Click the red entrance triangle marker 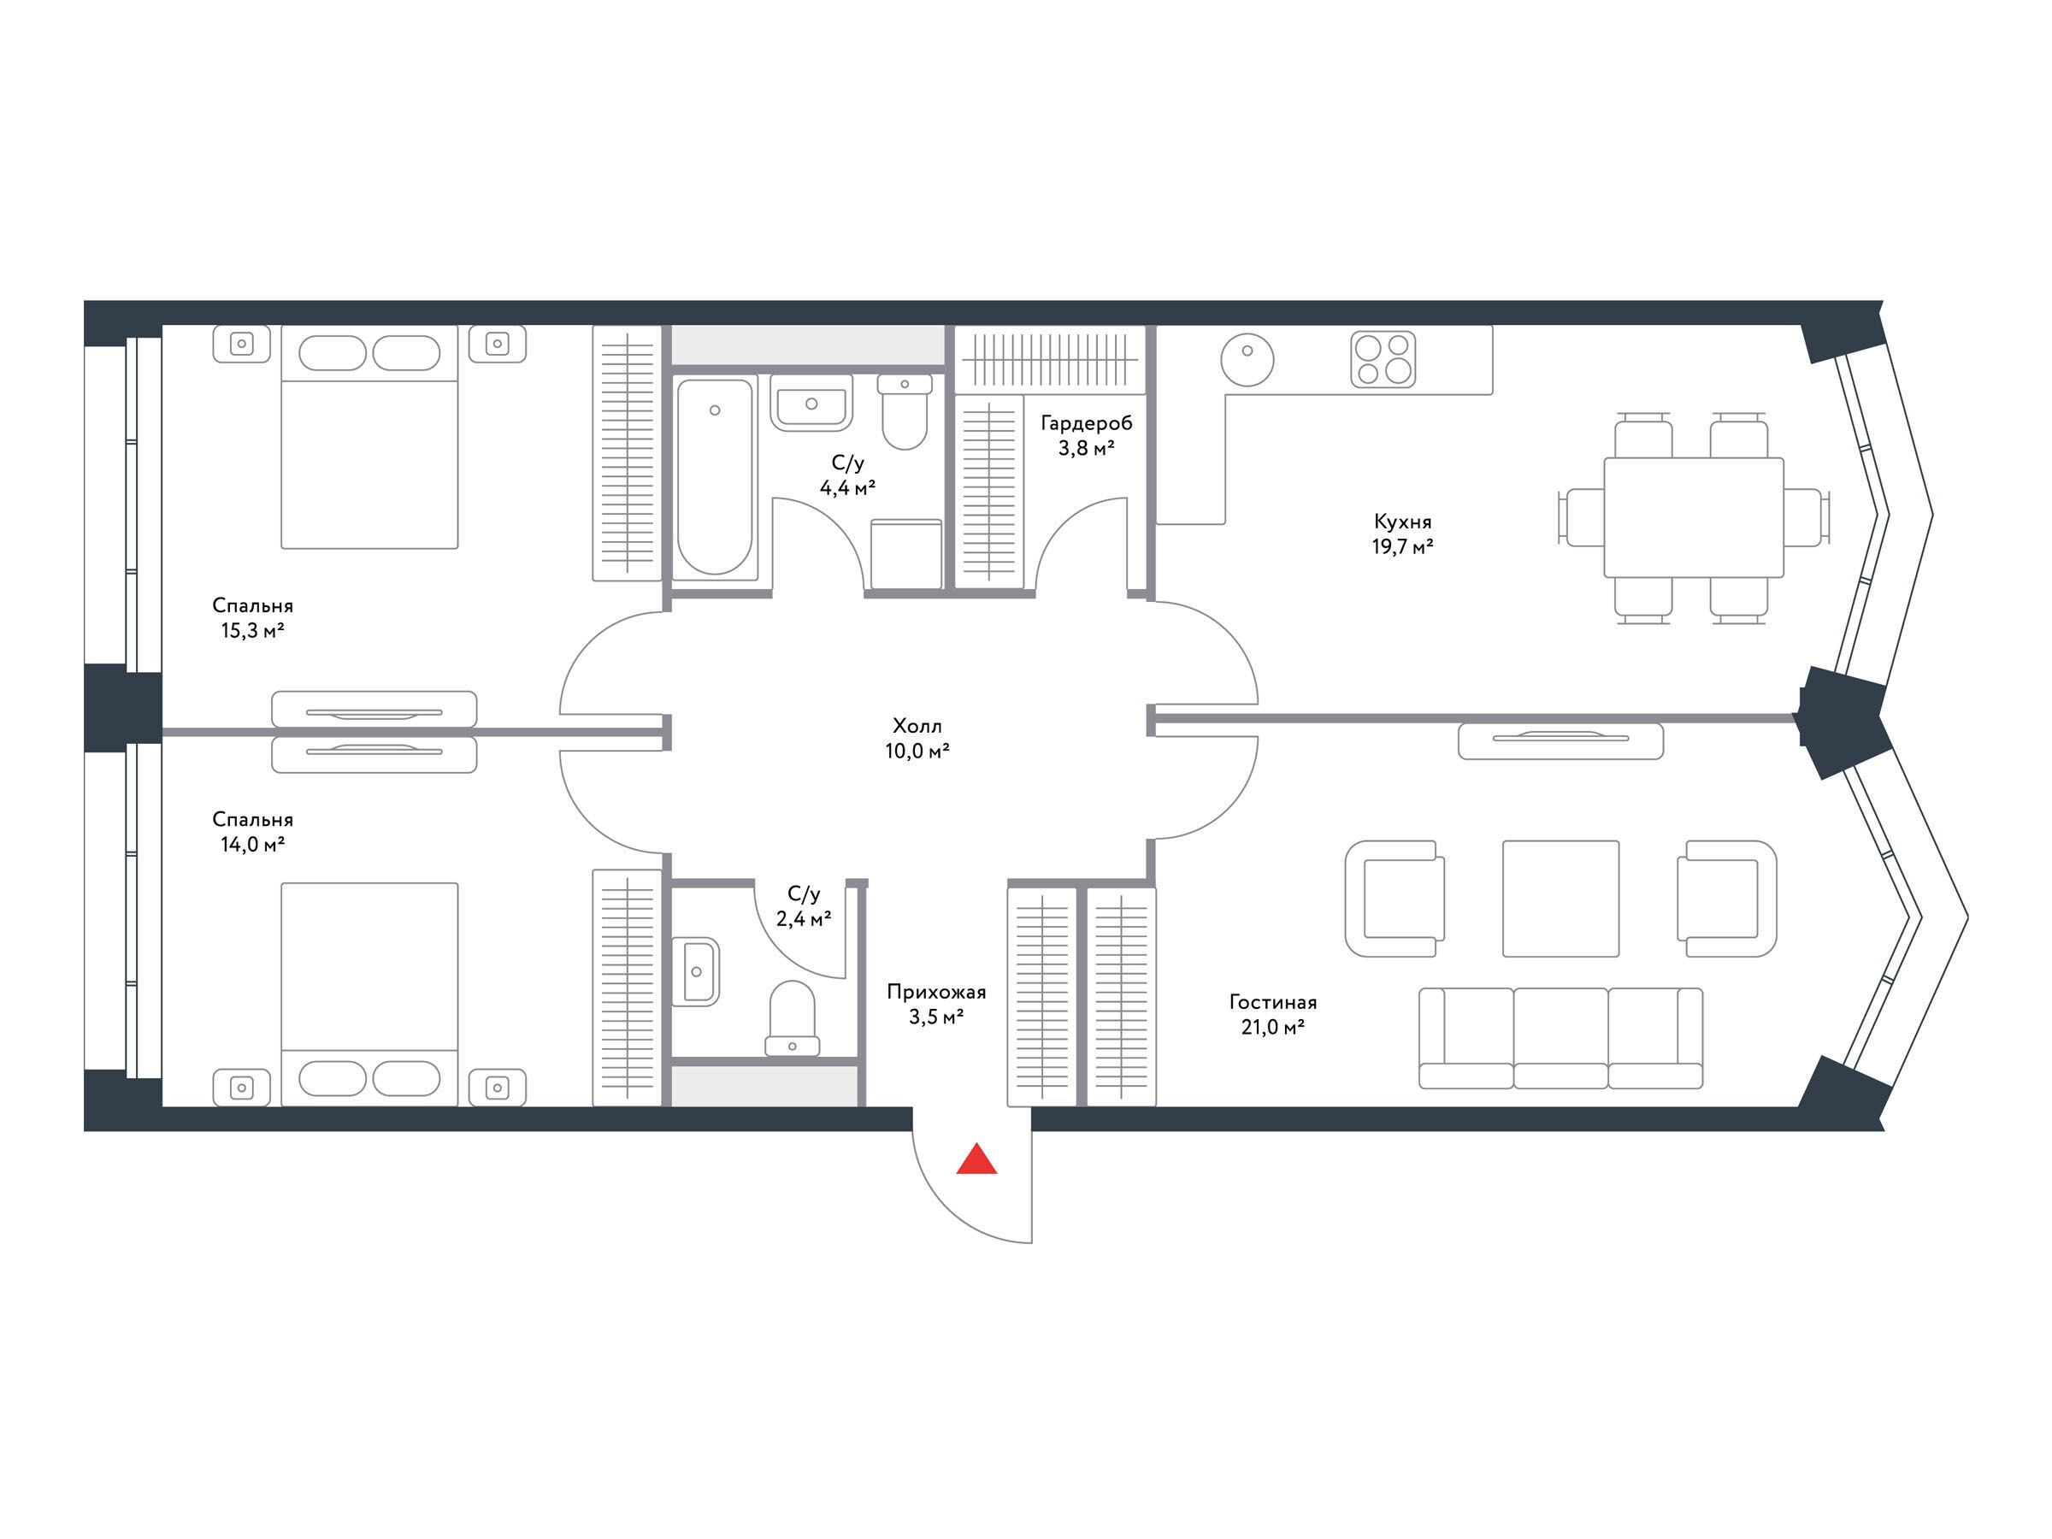coord(976,1159)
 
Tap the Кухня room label coord(1403,522)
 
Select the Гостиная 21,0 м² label coord(1273,1015)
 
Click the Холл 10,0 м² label coord(917,739)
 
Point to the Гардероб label coord(1087,424)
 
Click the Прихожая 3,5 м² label coord(936,1005)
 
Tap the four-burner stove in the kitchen coord(1383,359)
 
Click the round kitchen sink coord(1247,359)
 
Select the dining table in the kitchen coord(1694,517)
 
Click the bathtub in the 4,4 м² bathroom coord(714,478)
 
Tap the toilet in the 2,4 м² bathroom coord(793,1017)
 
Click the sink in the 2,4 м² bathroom coord(696,971)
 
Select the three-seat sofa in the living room coord(1561,1037)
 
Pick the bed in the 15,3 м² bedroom coord(369,437)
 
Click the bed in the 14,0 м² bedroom coord(369,994)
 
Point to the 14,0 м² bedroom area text coord(248,845)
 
